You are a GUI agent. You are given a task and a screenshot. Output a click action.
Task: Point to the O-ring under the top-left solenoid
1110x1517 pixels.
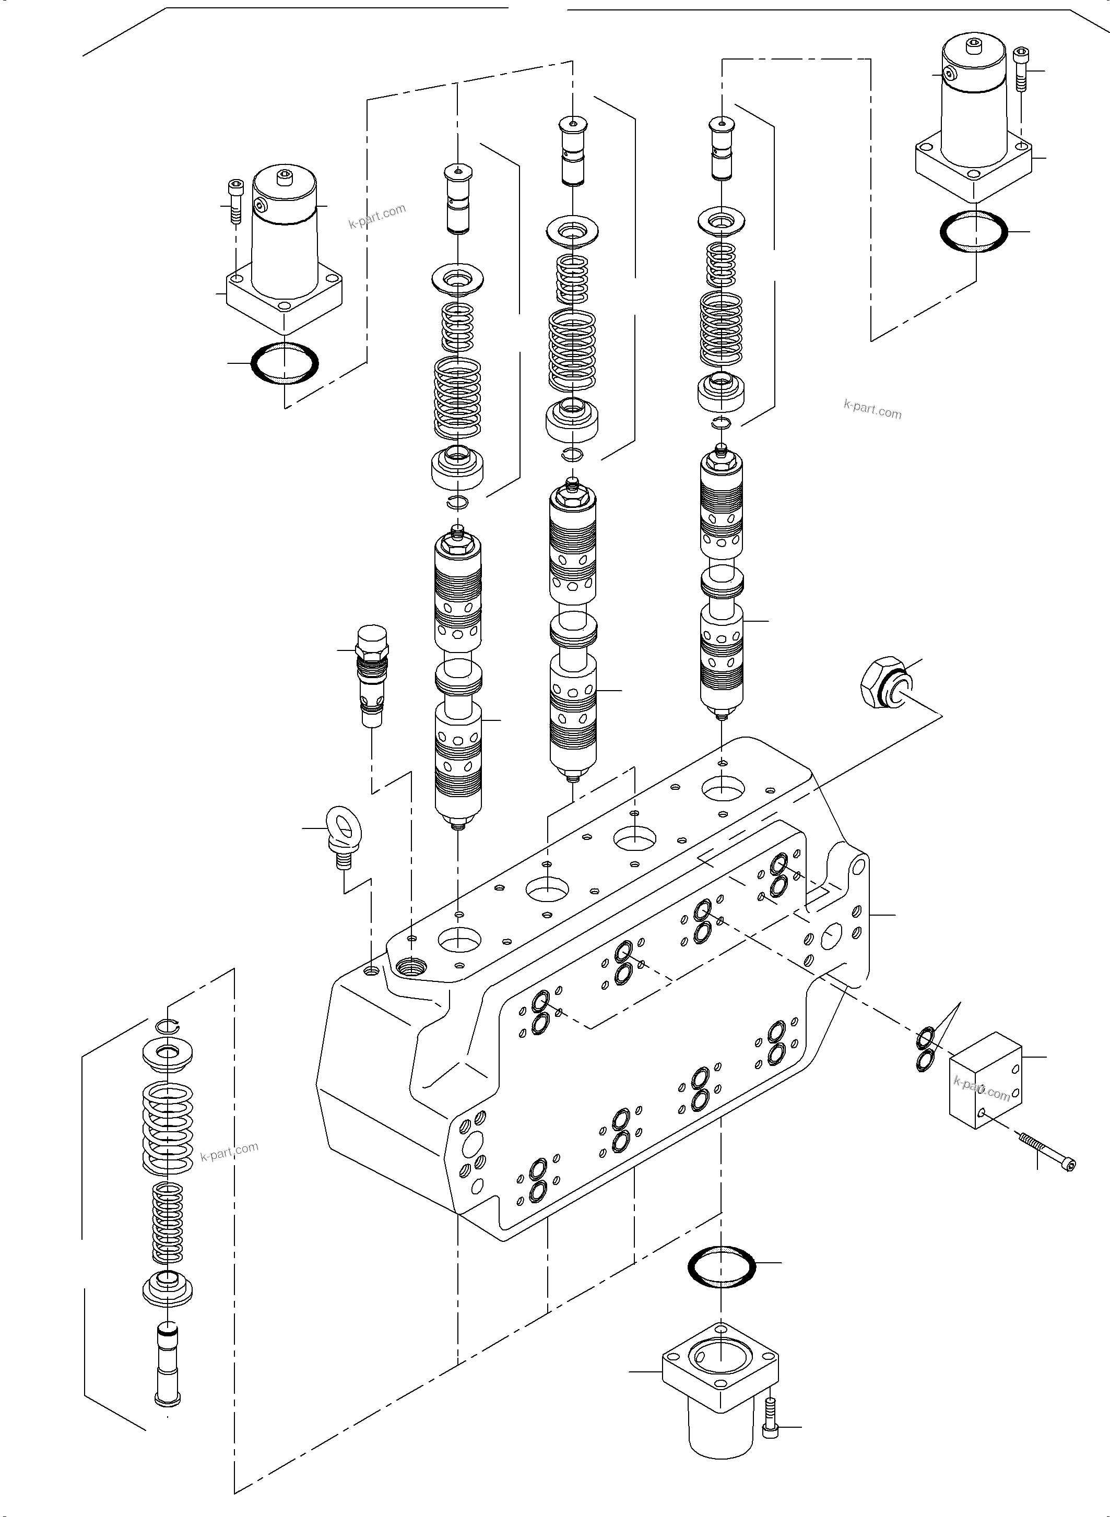coord(284,363)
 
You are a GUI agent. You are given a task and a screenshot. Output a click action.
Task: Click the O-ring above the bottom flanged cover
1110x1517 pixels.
coord(722,1267)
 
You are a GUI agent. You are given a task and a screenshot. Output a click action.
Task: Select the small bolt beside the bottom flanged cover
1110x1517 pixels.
coord(771,1428)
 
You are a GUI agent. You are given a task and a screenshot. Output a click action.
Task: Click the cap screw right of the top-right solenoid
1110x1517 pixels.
coord(1021,68)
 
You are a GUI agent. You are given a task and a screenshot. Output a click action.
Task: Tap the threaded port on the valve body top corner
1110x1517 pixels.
coord(412,968)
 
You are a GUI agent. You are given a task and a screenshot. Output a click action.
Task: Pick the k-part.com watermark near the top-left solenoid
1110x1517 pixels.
coord(377,216)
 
